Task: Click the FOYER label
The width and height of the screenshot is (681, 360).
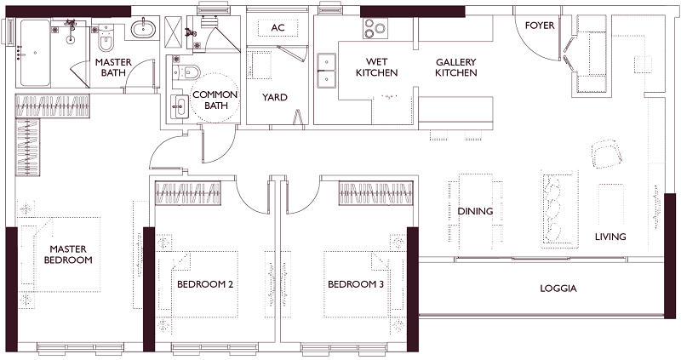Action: (x=540, y=26)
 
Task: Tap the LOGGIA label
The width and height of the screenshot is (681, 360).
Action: (x=558, y=289)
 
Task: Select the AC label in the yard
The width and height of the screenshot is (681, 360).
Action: (x=278, y=28)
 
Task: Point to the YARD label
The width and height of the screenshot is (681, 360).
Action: (x=275, y=97)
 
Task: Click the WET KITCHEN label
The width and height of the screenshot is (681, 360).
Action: (x=376, y=67)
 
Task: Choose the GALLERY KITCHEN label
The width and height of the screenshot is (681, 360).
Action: (x=456, y=67)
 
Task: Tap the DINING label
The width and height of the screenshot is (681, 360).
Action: (x=475, y=211)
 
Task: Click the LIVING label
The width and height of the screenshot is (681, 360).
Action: (x=610, y=237)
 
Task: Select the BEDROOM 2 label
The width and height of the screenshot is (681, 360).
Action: (x=205, y=284)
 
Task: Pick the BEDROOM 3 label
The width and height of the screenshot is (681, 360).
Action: (x=356, y=284)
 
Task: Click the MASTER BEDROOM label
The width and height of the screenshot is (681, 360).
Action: (x=68, y=254)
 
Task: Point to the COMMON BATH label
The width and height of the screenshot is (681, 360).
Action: (x=215, y=100)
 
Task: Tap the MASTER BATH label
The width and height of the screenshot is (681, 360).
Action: (x=113, y=67)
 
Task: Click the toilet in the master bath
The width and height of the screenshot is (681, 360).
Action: (x=106, y=38)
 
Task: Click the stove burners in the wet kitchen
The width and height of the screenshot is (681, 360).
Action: (x=375, y=29)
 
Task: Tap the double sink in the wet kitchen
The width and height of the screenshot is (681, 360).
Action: (x=326, y=71)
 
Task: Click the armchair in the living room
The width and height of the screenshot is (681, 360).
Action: (x=607, y=154)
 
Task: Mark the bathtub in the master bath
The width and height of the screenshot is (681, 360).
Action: (x=35, y=53)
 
